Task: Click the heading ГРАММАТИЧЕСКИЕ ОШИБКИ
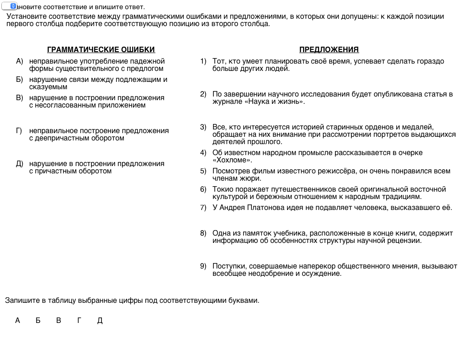[101, 50]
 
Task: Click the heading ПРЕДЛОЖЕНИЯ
[329, 50]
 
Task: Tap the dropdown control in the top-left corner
[10, 6]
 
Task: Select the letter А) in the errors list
[19, 61]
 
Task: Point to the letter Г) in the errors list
[19, 131]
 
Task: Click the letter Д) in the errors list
[19, 164]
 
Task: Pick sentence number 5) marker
[203, 171]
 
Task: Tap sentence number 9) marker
[203, 266]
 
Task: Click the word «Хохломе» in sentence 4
[232, 160]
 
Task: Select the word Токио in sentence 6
[223, 189]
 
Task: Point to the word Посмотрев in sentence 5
[230, 171]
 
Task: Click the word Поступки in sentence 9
[229, 266]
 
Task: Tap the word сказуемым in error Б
[48, 87]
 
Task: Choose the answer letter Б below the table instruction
[38, 321]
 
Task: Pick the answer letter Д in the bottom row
[100, 321]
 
